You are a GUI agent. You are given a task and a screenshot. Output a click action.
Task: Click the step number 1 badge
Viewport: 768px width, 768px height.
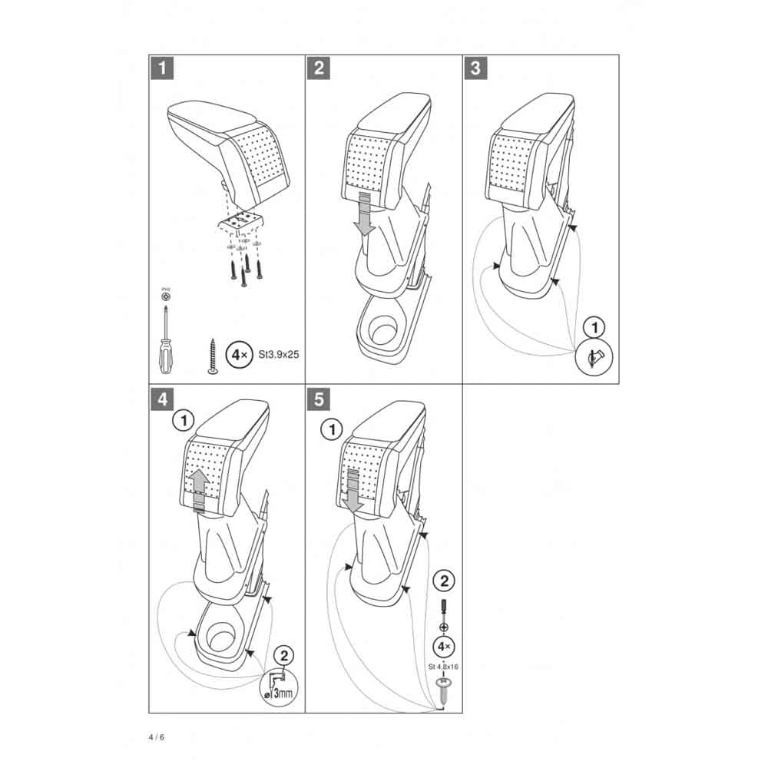[162, 68]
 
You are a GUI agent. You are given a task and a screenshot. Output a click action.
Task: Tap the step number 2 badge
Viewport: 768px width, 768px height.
[319, 68]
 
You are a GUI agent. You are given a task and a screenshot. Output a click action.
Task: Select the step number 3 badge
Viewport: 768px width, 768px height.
[475, 68]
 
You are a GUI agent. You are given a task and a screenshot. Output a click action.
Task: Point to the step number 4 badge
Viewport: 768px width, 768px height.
[162, 399]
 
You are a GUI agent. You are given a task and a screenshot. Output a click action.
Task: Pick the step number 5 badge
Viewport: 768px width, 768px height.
[319, 399]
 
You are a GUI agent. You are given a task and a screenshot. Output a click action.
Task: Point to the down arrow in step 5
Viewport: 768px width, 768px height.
[354, 492]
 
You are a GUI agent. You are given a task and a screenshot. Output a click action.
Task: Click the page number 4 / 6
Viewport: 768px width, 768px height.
[157, 737]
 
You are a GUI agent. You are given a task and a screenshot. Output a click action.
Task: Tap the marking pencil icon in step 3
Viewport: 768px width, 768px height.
[594, 357]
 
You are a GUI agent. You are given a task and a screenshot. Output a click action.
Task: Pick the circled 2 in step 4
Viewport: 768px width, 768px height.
[284, 655]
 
